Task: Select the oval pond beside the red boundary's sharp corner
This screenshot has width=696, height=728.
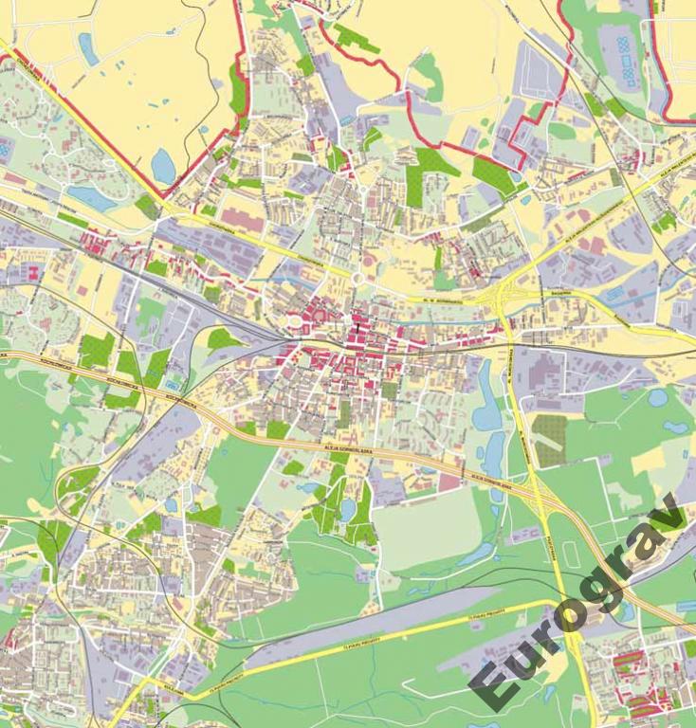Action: (163, 166)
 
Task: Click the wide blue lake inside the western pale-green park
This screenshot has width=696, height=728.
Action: (92, 197)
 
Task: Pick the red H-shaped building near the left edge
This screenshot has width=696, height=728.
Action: (35, 273)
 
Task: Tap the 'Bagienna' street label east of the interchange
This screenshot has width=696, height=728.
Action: (559, 293)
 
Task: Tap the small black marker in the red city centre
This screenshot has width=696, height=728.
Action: (356, 332)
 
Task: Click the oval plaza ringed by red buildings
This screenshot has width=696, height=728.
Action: (293, 323)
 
